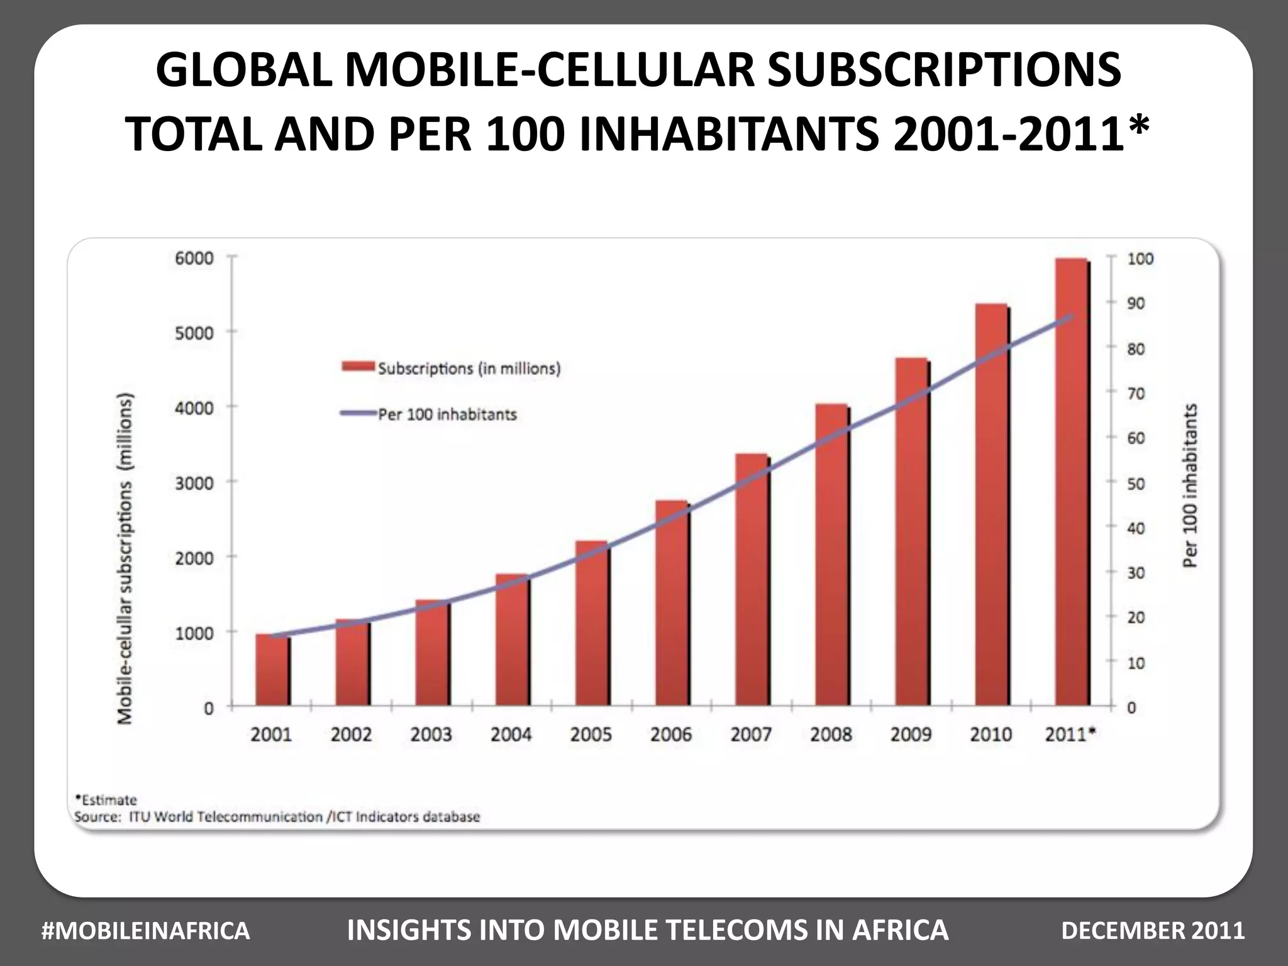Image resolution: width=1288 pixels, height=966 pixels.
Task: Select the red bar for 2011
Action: pyautogui.click(x=1072, y=484)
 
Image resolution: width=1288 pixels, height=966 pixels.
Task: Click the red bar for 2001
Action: pyautogui.click(x=272, y=670)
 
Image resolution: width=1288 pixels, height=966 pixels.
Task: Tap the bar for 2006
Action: pyautogui.click(x=672, y=604)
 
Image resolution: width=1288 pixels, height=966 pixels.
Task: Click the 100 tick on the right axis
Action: pyautogui.click(x=1140, y=259)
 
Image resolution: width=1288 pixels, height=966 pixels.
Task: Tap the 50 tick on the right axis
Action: pyautogui.click(x=1136, y=484)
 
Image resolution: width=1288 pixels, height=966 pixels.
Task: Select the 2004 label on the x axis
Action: pyautogui.click(x=511, y=735)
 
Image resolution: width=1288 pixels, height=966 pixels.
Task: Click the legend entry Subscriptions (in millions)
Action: pyautogui.click(x=469, y=369)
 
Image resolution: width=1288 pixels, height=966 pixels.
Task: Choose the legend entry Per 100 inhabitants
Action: pyautogui.click(x=447, y=414)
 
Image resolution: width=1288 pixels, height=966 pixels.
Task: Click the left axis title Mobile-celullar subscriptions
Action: pyautogui.click(x=126, y=560)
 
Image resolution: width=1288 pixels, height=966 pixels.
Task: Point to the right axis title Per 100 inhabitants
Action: pyautogui.click(x=1190, y=486)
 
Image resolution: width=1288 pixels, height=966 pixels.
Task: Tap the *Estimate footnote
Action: pyautogui.click(x=106, y=800)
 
